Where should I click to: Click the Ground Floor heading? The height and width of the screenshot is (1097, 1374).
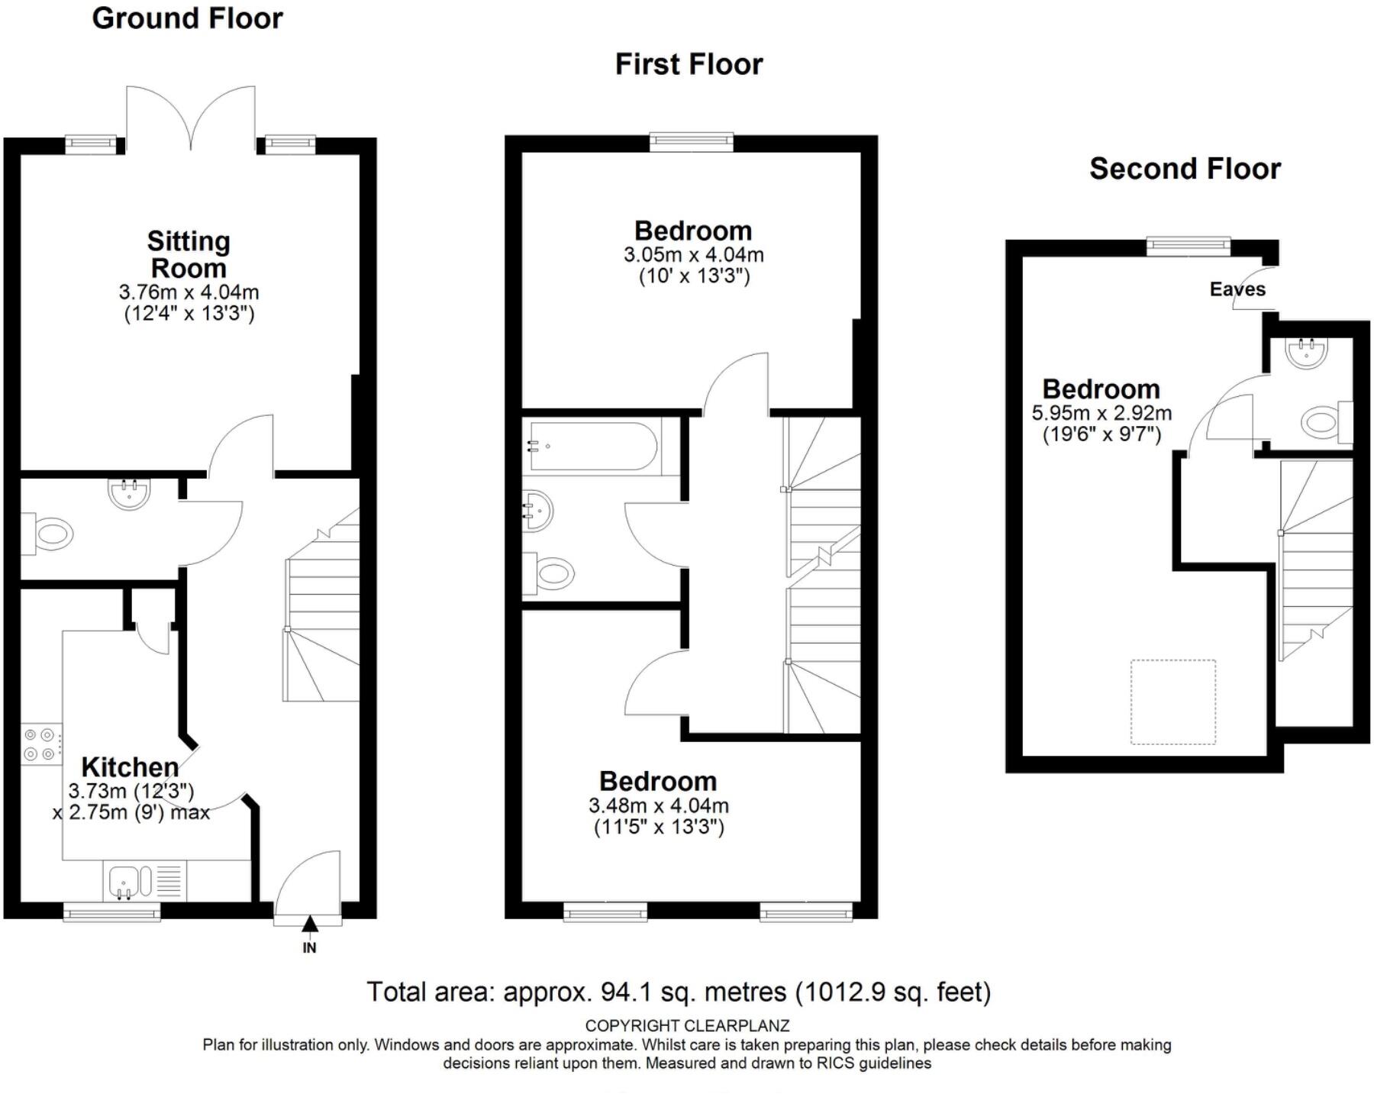(x=187, y=18)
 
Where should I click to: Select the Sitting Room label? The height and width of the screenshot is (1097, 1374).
(x=189, y=254)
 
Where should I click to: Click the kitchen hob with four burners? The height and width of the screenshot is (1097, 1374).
(x=40, y=744)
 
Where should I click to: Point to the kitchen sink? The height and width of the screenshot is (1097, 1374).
(x=124, y=880)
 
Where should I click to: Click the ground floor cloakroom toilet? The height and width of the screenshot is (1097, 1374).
(x=50, y=534)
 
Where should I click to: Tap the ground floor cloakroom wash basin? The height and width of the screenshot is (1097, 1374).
(x=130, y=492)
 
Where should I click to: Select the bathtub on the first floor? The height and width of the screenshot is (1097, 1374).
(x=592, y=446)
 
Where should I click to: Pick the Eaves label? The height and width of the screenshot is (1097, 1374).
(x=1237, y=289)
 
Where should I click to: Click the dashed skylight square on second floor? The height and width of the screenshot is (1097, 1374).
(x=1172, y=702)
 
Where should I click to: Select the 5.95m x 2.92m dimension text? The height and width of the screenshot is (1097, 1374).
(x=1101, y=413)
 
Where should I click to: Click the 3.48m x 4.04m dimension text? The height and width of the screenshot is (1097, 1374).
(x=658, y=805)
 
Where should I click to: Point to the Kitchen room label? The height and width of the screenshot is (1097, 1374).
(x=130, y=766)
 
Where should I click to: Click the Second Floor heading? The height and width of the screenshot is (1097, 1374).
(x=1185, y=169)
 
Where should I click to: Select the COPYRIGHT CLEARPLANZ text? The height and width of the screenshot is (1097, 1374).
(x=687, y=1025)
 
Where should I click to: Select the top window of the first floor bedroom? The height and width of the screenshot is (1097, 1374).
(x=691, y=141)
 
